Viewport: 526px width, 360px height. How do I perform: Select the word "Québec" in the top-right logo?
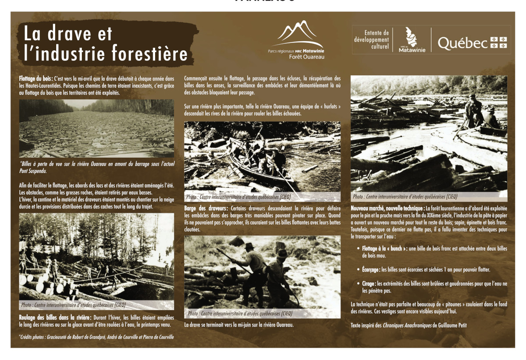(462, 43)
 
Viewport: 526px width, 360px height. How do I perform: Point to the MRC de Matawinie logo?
(412, 40)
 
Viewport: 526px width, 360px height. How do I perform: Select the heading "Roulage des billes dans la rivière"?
(55, 317)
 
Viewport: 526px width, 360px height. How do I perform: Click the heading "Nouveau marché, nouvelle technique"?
(387, 208)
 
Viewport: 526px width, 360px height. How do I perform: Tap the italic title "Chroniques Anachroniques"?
(407, 325)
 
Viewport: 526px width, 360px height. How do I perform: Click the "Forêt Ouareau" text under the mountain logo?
(306, 57)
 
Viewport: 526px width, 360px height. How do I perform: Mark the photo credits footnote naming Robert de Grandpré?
(96, 337)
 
